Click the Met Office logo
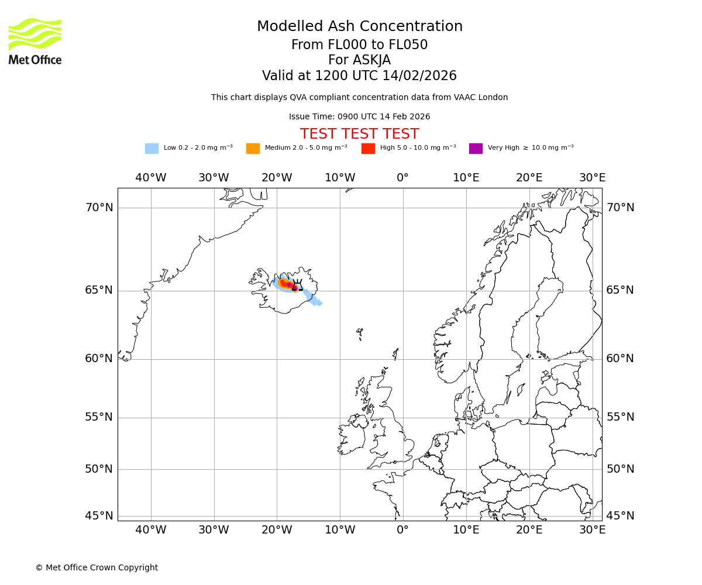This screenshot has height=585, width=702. point(35,41)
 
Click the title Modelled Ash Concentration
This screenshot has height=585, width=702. point(359,27)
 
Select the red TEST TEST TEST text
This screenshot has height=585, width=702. point(359,134)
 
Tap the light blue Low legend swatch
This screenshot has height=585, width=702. point(152,149)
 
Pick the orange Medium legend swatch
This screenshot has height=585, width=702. point(253,149)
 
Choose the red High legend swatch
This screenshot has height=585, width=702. point(368,149)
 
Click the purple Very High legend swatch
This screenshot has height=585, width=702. point(476,149)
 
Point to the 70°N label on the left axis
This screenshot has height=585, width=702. point(99,208)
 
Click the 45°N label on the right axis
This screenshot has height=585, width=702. point(620,516)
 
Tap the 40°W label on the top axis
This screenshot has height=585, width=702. point(151,178)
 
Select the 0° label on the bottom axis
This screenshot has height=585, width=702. point(403,530)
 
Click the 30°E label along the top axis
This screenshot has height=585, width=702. point(592,178)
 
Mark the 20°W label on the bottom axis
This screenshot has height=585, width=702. point(277,530)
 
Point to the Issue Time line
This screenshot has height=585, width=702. point(359,117)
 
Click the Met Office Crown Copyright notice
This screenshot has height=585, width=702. point(97,567)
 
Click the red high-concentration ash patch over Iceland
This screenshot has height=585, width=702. point(285,284)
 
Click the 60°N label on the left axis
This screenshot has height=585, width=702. point(99,359)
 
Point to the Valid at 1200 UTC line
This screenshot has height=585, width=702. point(359,76)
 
